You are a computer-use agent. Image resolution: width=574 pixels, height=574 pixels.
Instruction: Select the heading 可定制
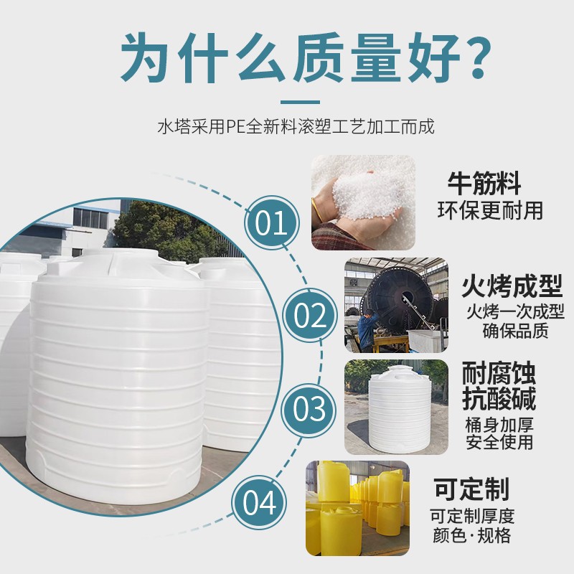[x=471, y=489]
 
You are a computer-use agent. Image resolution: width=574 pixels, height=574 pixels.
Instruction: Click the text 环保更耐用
[x=490, y=210]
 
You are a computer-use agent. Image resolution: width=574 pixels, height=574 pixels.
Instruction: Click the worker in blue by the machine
[x=367, y=324]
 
